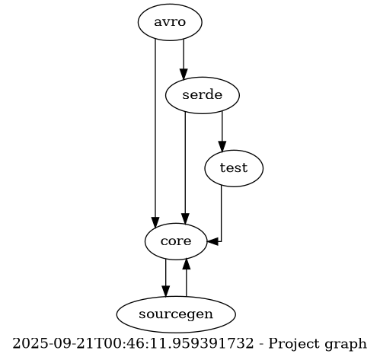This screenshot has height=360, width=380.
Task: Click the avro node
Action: [x=170, y=22]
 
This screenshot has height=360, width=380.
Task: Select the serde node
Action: [x=203, y=95]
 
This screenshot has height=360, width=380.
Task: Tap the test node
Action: [x=234, y=168]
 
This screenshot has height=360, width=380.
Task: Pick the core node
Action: [x=176, y=241]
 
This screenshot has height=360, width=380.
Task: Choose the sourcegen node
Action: [x=176, y=314]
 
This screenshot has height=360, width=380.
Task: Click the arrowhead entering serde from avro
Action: [x=184, y=74]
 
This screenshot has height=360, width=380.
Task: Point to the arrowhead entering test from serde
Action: [x=222, y=147]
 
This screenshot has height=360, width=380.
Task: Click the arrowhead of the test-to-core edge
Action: [x=212, y=241]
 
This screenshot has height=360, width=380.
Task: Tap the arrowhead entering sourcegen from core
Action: [x=166, y=291]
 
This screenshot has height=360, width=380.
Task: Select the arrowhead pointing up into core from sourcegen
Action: [x=187, y=263]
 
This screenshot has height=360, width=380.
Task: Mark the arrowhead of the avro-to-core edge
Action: [x=155, y=221]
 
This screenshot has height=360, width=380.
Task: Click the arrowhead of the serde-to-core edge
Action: [x=185, y=219]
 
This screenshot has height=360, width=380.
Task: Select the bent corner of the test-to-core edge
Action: [x=221, y=241]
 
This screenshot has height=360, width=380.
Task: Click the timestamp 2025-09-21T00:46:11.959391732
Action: [x=133, y=343]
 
